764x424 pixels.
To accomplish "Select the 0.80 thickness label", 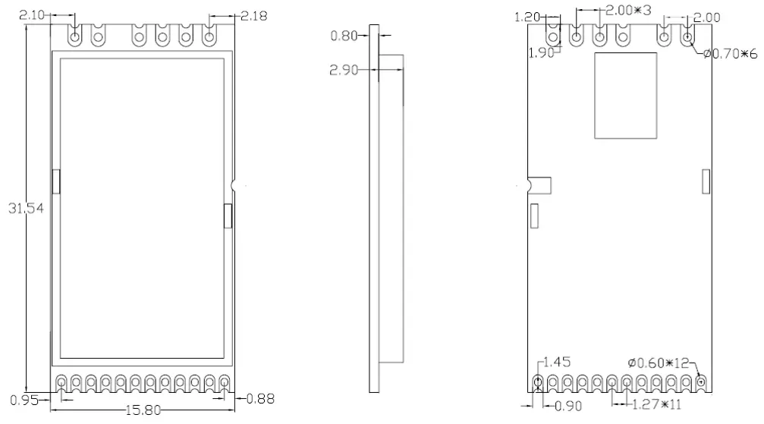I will [x=346, y=35].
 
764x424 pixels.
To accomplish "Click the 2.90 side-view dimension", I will [x=346, y=70].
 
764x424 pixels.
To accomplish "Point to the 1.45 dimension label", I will [x=556, y=362].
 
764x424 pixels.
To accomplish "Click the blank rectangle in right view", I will [x=624, y=96].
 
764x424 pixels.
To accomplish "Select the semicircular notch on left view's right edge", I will [x=234, y=184].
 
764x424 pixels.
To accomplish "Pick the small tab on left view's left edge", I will [x=55, y=181].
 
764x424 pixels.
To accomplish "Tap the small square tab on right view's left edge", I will [x=539, y=185].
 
